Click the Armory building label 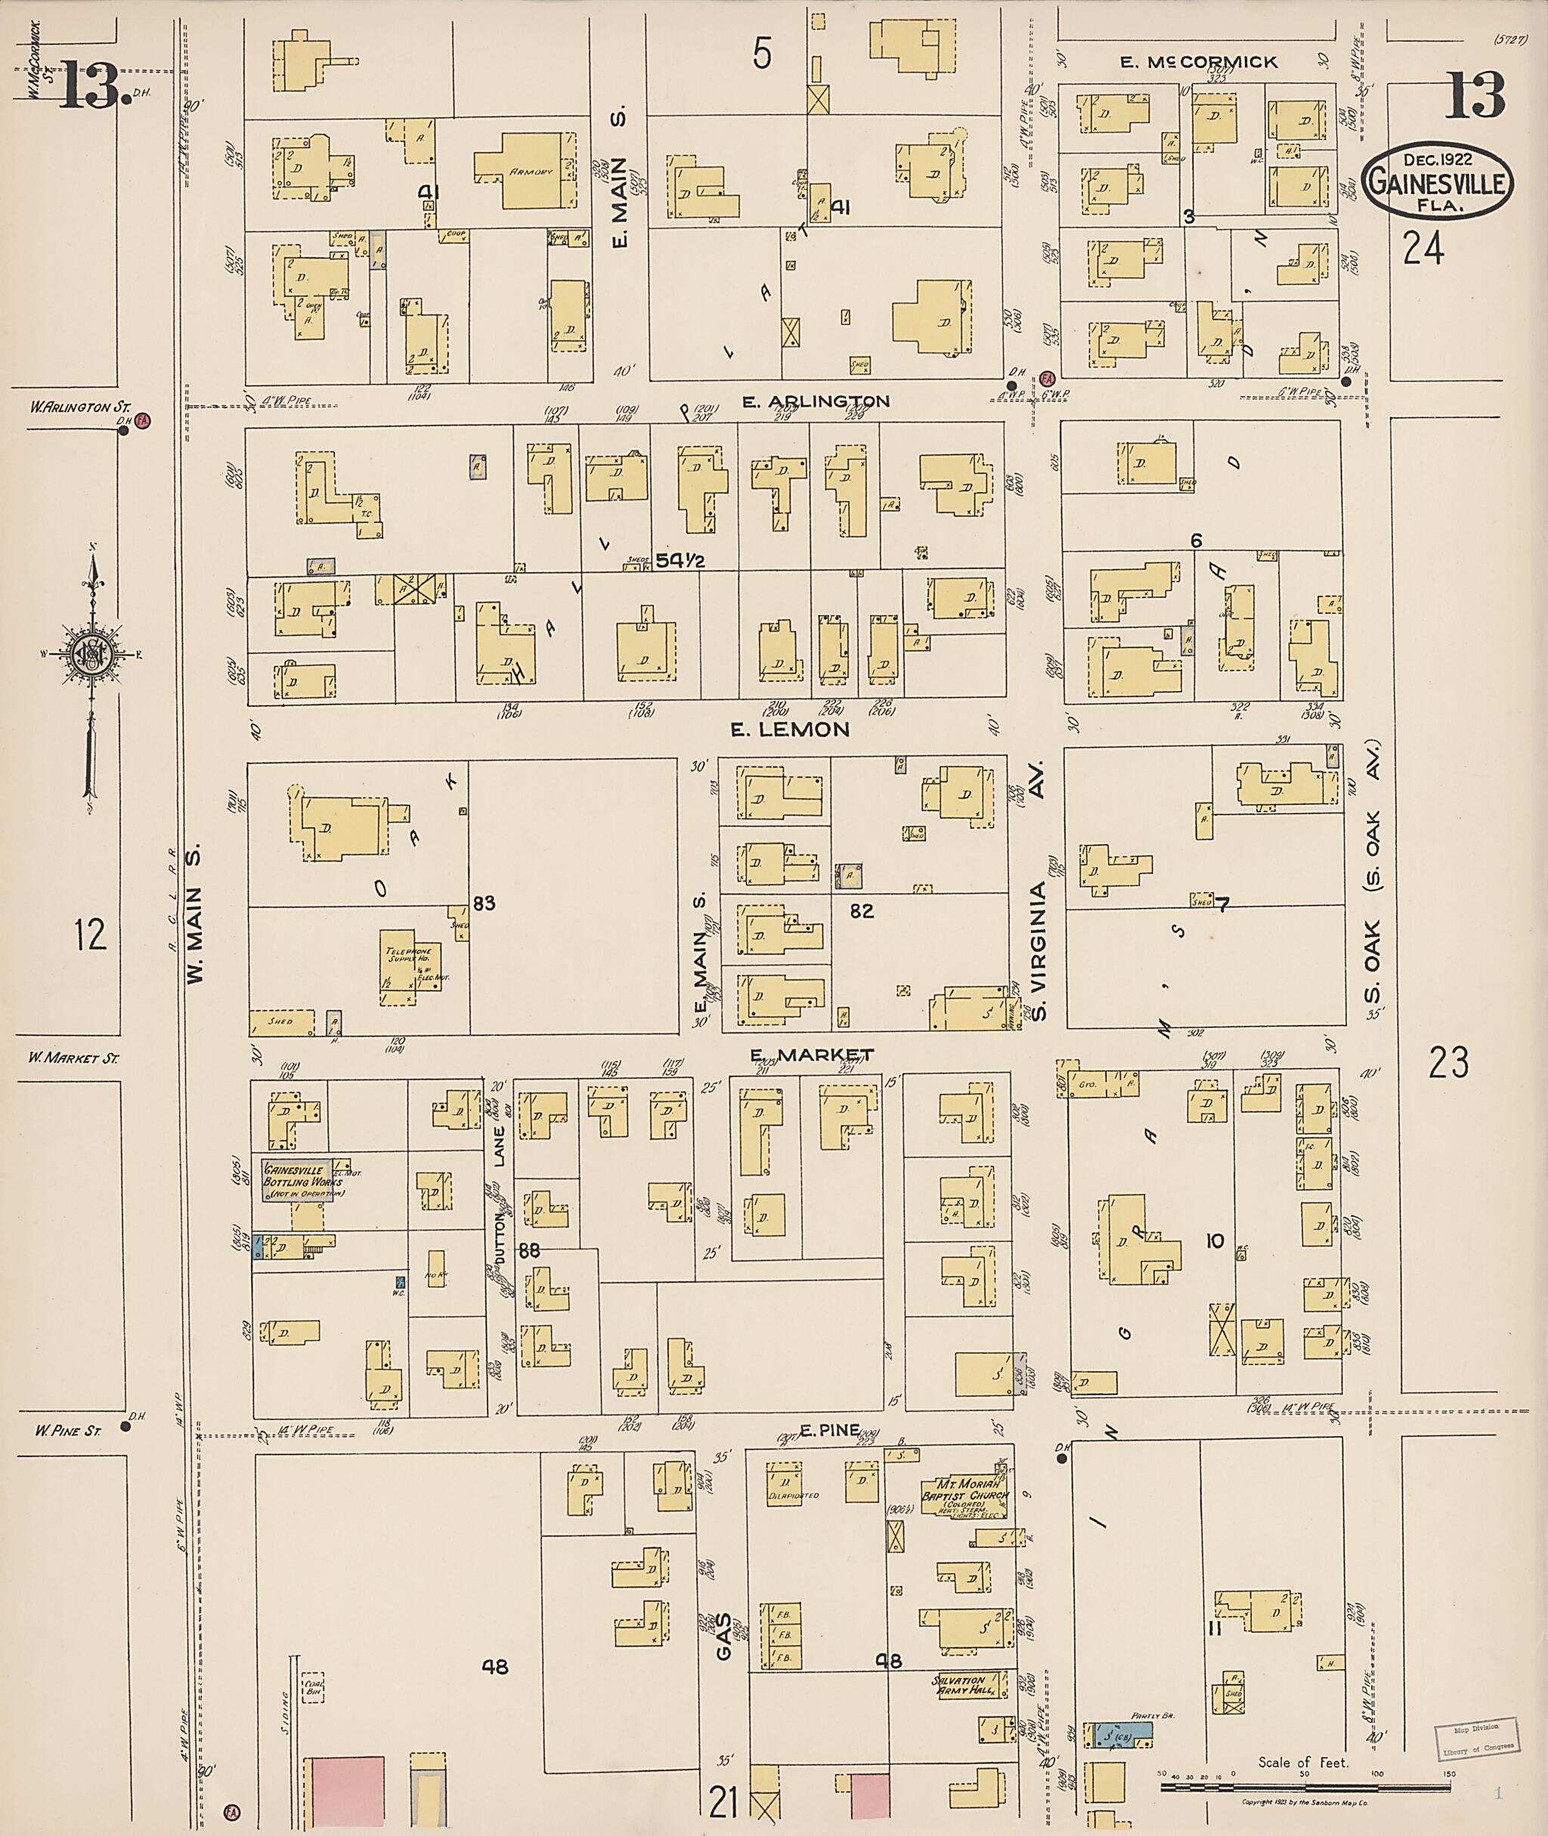531,172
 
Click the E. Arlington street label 816,401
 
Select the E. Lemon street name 791,729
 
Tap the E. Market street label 811,1054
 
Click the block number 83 484,903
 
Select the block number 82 861,911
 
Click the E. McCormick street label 1199,62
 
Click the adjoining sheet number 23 1448,1063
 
